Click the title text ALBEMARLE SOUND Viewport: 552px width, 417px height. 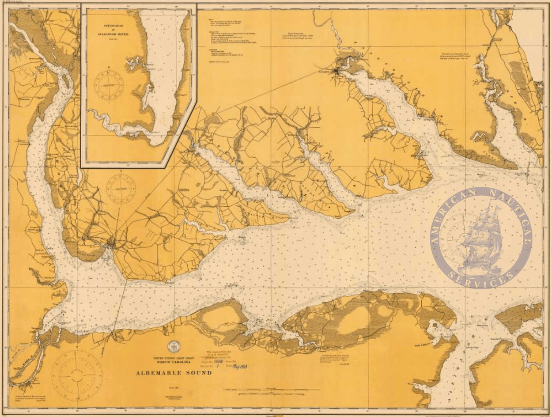tap(174, 373)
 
